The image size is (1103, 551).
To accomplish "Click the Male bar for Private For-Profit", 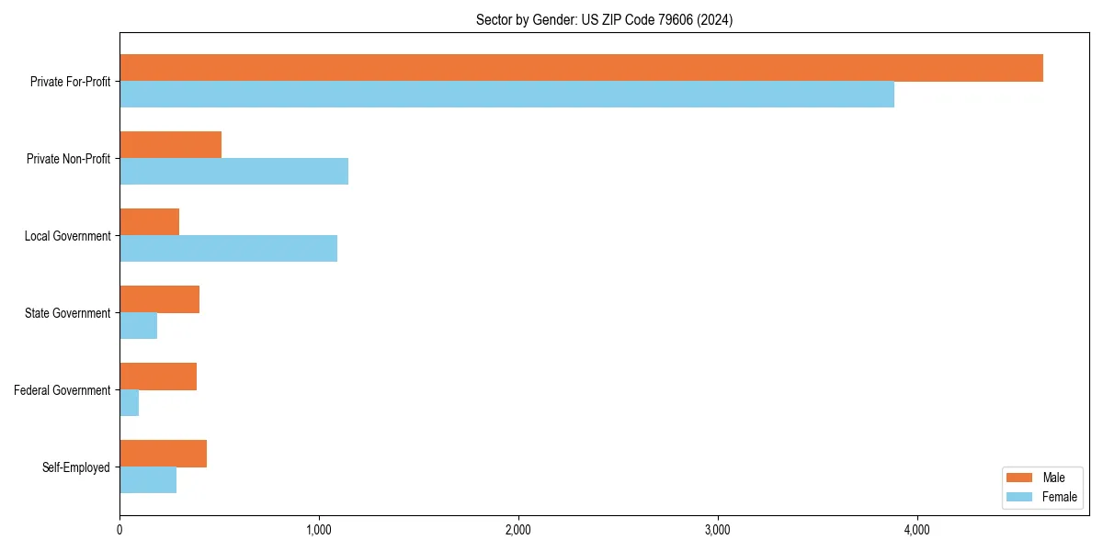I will coord(581,68).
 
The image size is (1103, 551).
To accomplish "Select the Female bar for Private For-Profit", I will coord(506,94).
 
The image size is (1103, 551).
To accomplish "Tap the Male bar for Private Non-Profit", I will coord(170,145).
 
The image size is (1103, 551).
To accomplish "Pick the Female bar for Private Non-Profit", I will coord(233,171).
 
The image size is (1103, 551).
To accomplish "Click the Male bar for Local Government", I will coord(149,222).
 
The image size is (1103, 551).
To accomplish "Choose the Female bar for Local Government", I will coord(228,248).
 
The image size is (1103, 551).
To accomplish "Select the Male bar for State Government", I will coord(159,299).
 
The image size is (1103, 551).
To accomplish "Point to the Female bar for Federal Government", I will coord(129,402).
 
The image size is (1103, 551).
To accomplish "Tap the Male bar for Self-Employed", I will coord(163,454).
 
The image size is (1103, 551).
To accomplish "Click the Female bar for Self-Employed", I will coord(147,479).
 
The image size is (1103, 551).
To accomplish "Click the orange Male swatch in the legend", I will coord(1019,478).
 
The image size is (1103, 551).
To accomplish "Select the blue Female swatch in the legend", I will coord(1019,497).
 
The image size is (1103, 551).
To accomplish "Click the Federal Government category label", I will coord(63,390).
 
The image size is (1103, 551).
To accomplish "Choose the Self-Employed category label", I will coord(76,467).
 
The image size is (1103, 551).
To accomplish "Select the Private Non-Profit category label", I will coord(68,159).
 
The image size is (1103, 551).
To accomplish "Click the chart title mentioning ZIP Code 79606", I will coord(604,19).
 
